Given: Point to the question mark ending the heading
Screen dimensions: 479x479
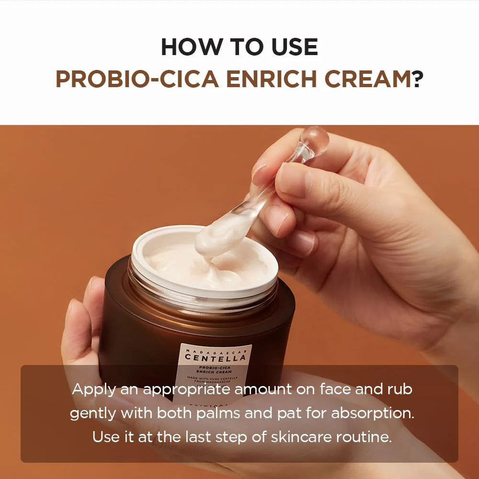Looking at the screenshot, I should coord(418,80).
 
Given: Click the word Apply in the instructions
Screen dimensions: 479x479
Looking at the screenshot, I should coord(93,389).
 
